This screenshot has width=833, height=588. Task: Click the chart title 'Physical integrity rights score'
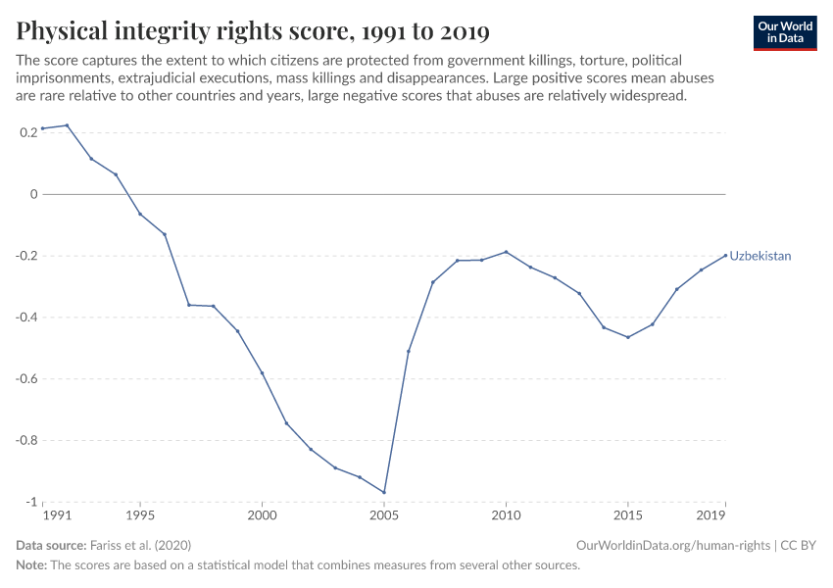[253, 32]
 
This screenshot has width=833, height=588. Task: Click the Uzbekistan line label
[759, 256]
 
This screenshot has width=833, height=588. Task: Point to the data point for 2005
[384, 492]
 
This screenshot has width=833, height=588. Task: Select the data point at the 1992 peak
[67, 125]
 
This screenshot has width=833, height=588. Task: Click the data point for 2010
[506, 252]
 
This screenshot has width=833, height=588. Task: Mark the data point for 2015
[628, 337]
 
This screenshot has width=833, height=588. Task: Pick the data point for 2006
[409, 351]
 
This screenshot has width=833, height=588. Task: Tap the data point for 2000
[262, 372]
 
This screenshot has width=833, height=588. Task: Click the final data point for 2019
[725, 255]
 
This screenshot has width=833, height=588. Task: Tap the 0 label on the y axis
[33, 194]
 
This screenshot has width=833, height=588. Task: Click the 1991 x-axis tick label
[57, 515]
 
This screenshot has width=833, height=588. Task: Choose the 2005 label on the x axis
[384, 515]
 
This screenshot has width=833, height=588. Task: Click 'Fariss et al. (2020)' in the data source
[138, 545]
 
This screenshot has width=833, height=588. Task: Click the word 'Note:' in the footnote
[32, 564]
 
